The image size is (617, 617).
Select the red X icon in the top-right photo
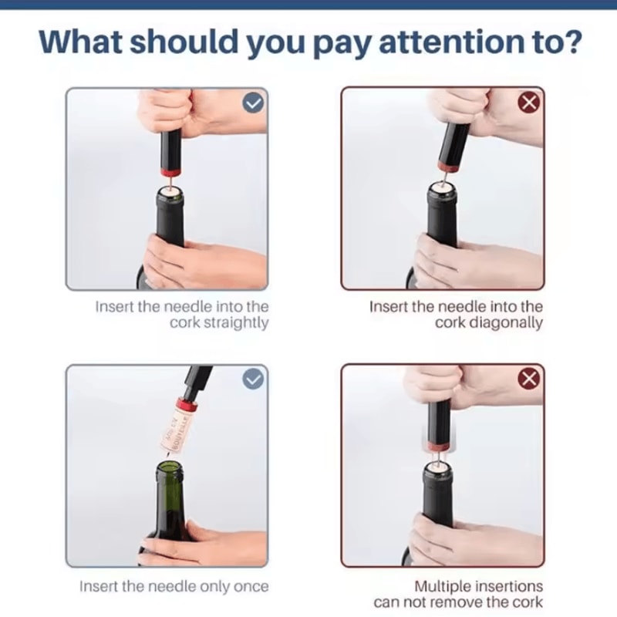(x=529, y=102)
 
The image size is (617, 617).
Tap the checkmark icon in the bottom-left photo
(x=254, y=379)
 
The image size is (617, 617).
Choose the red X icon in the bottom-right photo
(x=529, y=379)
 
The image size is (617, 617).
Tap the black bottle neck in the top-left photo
(x=169, y=220)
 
